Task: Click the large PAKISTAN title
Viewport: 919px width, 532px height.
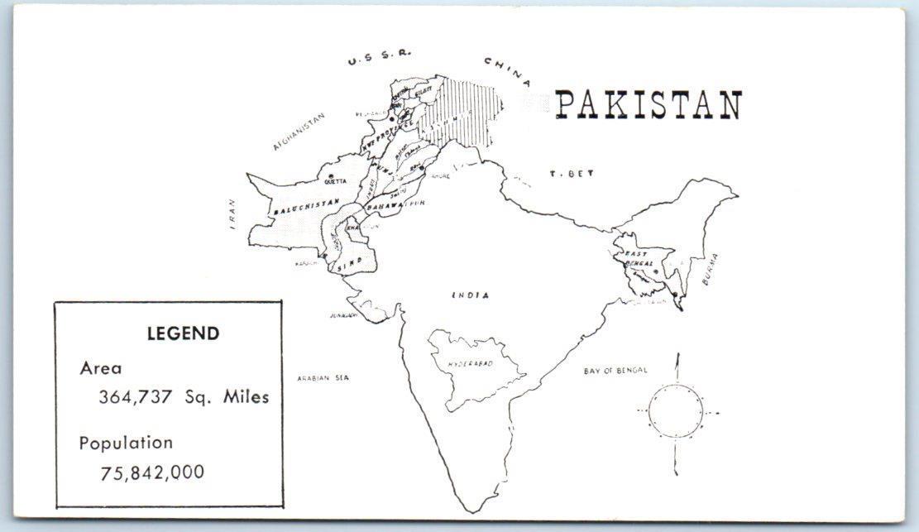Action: pyautogui.click(x=648, y=105)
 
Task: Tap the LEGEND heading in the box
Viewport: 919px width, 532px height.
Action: pyautogui.click(x=183, y=333)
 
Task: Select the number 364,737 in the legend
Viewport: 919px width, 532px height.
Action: pyautogui.click(x=136, y=396)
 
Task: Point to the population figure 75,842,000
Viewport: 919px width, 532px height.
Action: pyautogui.click(x=152, y=472)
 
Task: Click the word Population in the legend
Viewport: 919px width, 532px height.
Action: pyautogui.click(x=126, y=443)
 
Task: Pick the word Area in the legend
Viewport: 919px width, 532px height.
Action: pyautogui.click(x=100, y=368)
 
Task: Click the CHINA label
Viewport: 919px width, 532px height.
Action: pyautogui.click(x=507, y=71)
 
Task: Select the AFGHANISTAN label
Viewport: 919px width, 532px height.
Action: pyautogui.click(x=299, y=132)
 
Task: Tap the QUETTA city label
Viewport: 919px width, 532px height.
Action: pyautogui.click(x=336, y=182)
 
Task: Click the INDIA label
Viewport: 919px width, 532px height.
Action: pyautogui.click(x=470, y=295)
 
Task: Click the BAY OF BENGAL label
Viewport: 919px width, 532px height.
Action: pyautogui.click(x=615, y=371)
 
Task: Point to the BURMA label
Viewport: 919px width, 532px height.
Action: pyautogui.click(x=711, y=269)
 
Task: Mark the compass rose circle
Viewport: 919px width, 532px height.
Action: pyautogui.click(x=676, y=411)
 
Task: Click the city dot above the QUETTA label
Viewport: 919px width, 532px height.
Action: pyautogui.click(x=331, y=175)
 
